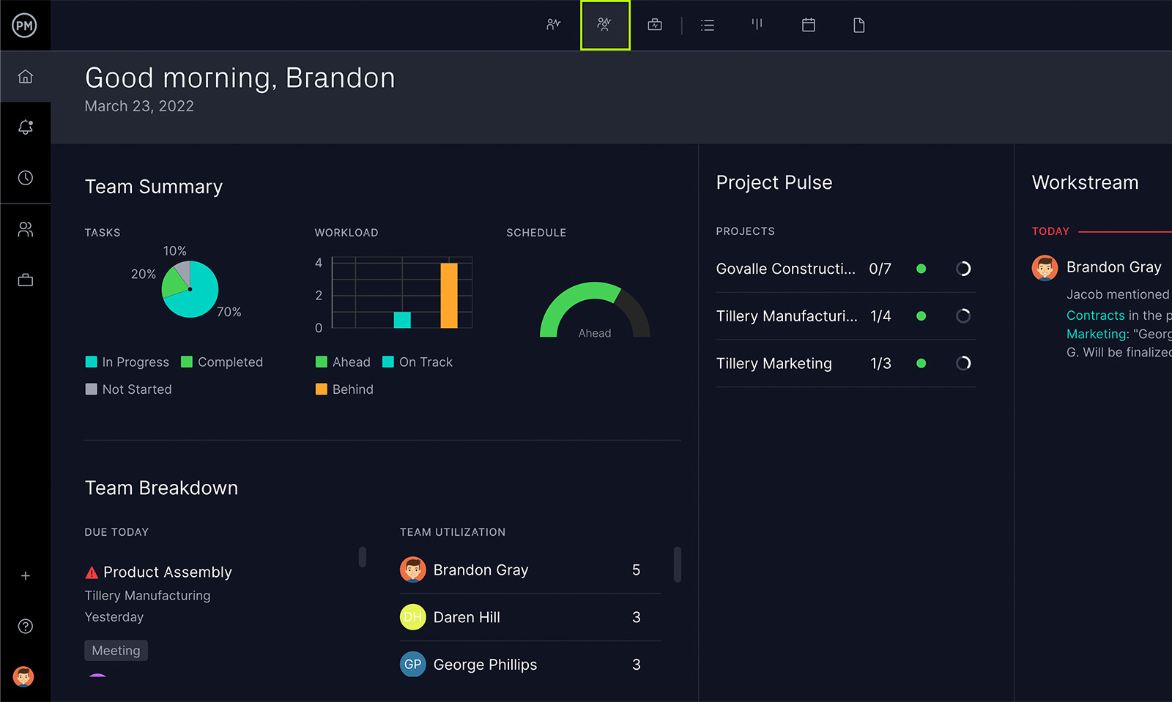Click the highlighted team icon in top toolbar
[x=604, y=25]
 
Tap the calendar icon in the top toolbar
[x=808, y=25]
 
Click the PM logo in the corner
[x=24, y=26]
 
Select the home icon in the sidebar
[x=26, y=76]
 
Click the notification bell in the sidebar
[x=26, y=127]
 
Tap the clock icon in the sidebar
[x=26, y=178]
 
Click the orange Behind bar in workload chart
[x=448, y=296]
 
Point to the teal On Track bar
[x=402, y=320]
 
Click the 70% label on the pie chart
[x=229, y=312]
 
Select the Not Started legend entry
[x=129, y=389]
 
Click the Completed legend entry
[x=222, y=362]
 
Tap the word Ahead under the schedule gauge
[x=594, y=333]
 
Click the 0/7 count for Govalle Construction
[x=880, y=269]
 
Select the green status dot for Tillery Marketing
[x=921, y=363]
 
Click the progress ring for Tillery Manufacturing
[x=963, y=316]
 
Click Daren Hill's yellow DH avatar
[x=412, y=617]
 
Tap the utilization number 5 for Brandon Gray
[x=636, y=570]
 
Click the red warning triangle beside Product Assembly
[x=92, y=572]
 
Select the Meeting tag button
[x=116, y=651]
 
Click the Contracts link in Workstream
[x=1095, y=315]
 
